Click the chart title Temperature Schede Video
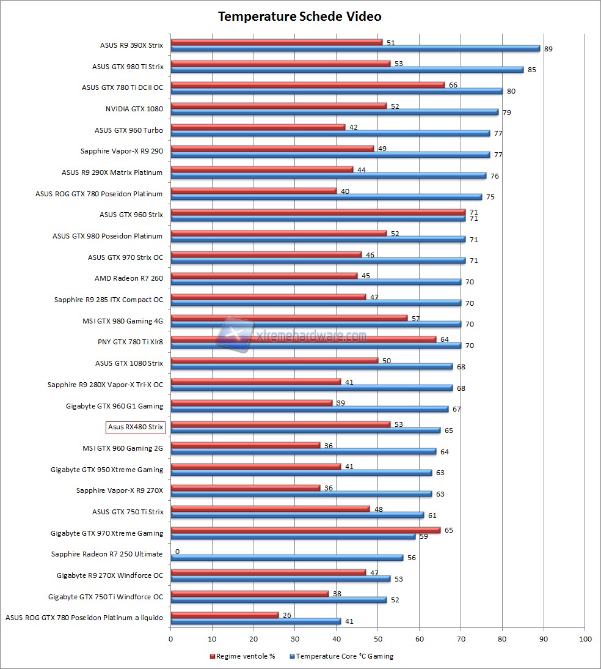(300, 17)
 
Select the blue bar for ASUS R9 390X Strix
(355, 48)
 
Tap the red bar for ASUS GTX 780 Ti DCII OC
(307, 84)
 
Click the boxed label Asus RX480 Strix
(136, 427)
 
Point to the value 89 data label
(548, 49)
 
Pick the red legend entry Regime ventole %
(242, 656)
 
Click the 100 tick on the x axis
(585, 639)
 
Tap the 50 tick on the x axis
(377, 639)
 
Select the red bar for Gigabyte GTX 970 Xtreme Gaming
(305, 530)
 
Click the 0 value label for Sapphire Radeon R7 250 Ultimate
(177, 552)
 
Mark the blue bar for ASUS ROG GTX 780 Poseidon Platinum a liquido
(255, 621)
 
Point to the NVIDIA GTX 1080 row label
(134, 109)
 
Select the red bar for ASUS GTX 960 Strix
(318, 212)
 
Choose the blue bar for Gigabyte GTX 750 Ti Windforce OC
(278, 600)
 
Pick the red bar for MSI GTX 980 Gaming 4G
(288, 317)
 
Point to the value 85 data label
(532, 70)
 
